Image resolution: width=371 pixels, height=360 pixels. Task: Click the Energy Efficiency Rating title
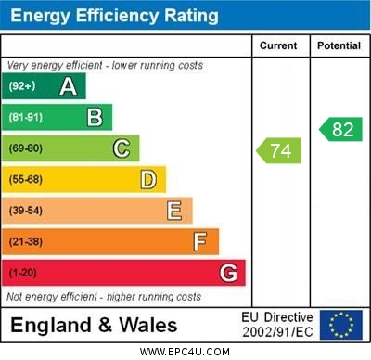(114, 16)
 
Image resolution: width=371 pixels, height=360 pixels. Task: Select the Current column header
(278, 45)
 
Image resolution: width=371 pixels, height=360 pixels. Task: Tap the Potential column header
(339, 45)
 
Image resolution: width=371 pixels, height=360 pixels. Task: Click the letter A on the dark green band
(68, 86)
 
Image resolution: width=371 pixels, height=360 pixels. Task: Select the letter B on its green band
(95, 117)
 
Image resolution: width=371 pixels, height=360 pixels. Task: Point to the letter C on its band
(121, 148)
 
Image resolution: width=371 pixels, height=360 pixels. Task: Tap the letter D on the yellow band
(147, 179)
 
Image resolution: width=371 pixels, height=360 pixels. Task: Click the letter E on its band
(173, 211)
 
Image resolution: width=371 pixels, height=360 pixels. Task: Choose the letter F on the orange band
(199, 242)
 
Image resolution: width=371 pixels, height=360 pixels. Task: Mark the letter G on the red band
(227, 273)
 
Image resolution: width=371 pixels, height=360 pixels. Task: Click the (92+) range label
(21, 86)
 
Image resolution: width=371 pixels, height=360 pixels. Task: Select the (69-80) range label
(25, 148)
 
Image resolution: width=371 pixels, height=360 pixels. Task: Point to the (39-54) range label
(25, 211)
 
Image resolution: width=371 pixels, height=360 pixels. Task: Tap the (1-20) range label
(22, 273)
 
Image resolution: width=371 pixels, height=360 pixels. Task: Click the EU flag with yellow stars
(340, 325)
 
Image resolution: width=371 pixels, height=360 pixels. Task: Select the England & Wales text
(93, 326)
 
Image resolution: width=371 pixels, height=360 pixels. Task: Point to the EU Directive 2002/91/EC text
(277, 325)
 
